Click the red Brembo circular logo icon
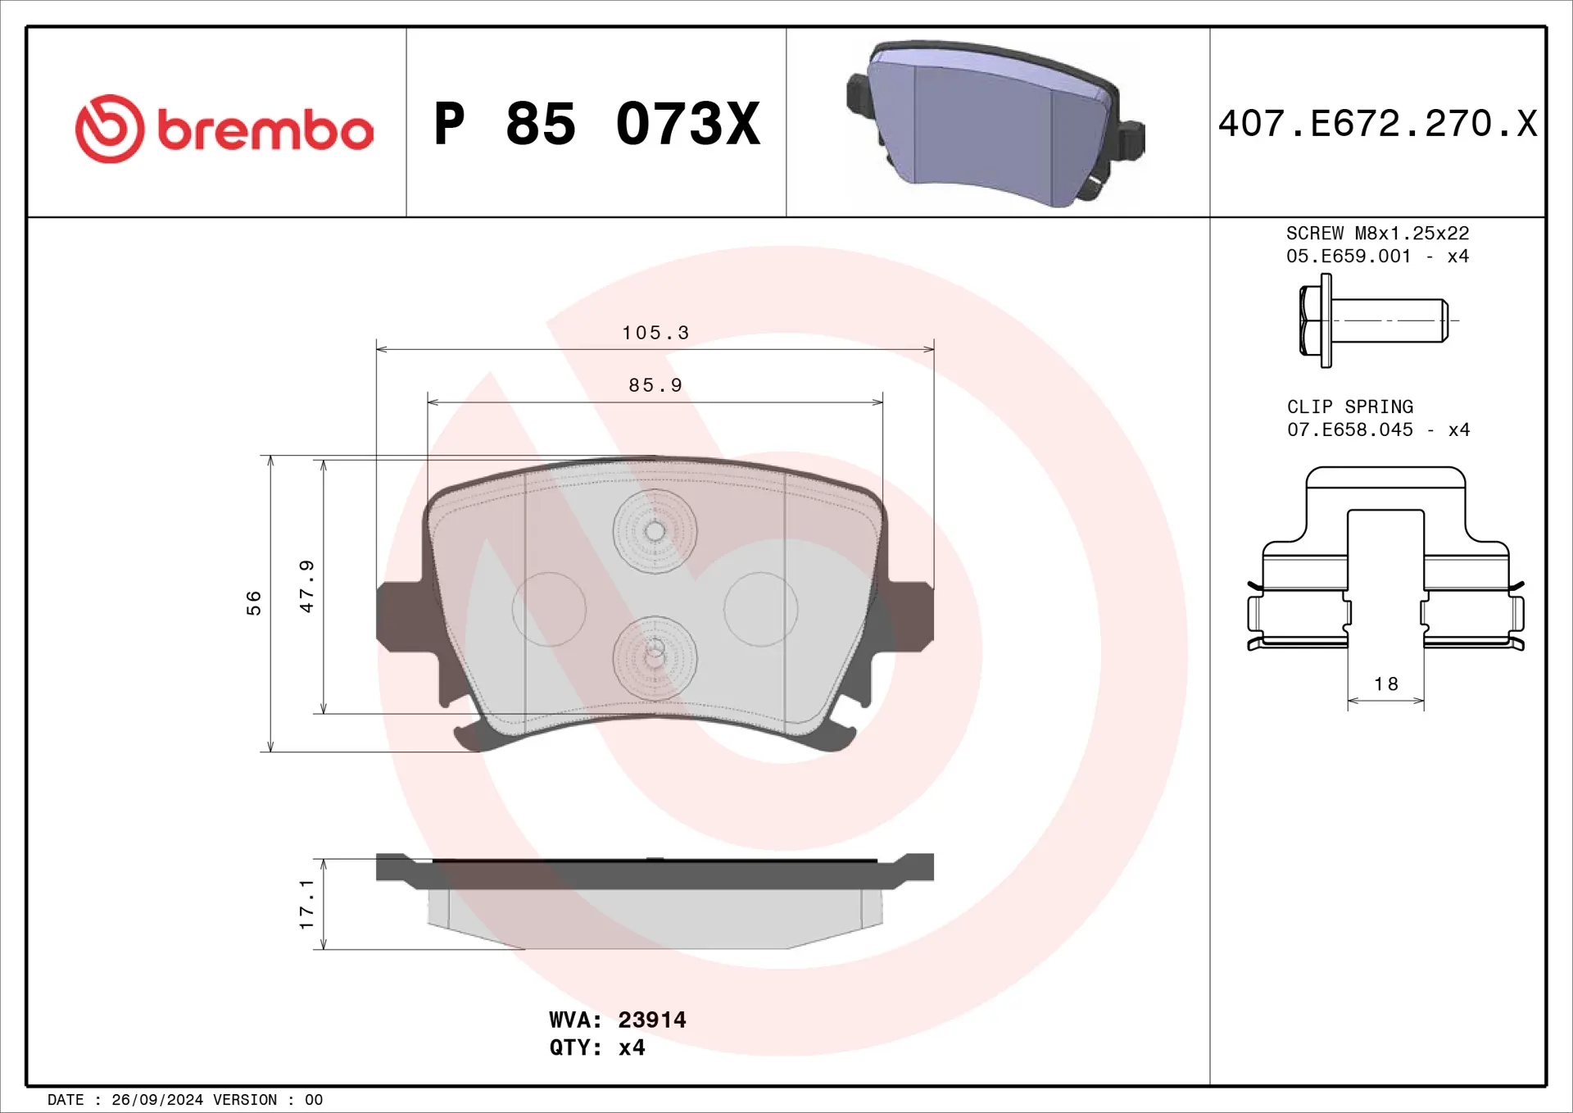110,129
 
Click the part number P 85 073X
596,125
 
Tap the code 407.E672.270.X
1377,124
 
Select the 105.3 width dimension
655,333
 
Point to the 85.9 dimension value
655,385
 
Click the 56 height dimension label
254,602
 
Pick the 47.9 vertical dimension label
306,586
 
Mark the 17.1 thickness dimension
306,904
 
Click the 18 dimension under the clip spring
1386,684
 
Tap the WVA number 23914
651,1020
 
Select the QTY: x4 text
596,1047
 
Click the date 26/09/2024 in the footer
157,1100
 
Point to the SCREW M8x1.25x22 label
1377,234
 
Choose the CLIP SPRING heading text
1349,407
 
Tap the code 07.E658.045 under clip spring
1349,429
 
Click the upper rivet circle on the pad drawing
655,531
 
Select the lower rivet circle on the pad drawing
655,657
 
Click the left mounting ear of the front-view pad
400,616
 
